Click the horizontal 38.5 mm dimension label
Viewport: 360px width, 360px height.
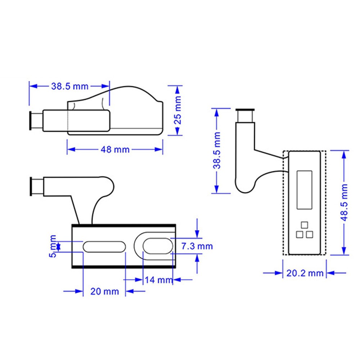click(69, 86)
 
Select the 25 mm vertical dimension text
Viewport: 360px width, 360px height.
click(177, 111)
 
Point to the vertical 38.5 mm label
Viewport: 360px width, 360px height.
click(217, 150)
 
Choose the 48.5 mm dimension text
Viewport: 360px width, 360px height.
click(345, 203)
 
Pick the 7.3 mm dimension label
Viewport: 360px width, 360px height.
click(197, 246)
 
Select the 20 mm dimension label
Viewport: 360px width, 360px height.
click(104, 291)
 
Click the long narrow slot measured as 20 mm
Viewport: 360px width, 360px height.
click(104, 247)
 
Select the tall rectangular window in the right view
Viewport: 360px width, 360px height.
click(304, 190)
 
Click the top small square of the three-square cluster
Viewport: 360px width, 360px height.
click(305, 225)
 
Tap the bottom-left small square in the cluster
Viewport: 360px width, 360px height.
click(300, 235)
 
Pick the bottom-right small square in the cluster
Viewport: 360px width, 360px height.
click(309, 235)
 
